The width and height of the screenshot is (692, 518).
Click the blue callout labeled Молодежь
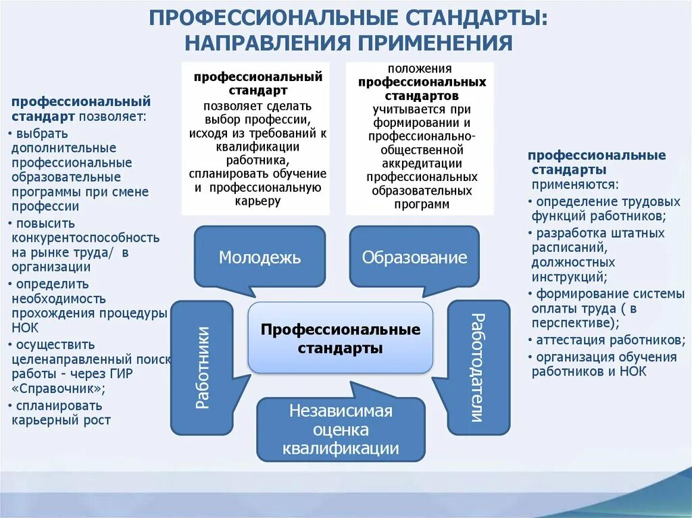(x=259, y=257)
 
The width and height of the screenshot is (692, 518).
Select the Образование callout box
(x=414, y=257)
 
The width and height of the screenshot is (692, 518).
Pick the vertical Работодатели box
(x=478, y=367)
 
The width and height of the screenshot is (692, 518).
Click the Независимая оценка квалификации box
(x=341, y=430)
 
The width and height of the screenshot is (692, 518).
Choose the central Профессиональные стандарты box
(x=341, y=338)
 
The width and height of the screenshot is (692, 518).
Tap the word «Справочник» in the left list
(x=58, y=388)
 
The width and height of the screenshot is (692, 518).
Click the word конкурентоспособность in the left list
(x=85, y=238)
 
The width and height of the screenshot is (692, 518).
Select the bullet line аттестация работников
(x=606, y=340)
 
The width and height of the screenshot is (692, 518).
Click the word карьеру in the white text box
(x=259, y=201)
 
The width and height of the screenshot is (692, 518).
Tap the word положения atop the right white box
(x=420, y=69)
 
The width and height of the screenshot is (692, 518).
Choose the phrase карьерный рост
(x=61, y=420)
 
